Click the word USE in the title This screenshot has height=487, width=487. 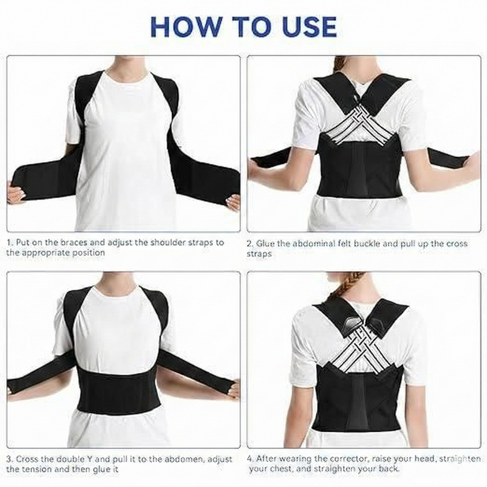pyautogui.click(x=307, y=27)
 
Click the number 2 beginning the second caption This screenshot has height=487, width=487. pyautogui.click(x=249, y=243)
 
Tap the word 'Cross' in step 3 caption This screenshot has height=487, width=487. pyautogui.click(x=27, y=459)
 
